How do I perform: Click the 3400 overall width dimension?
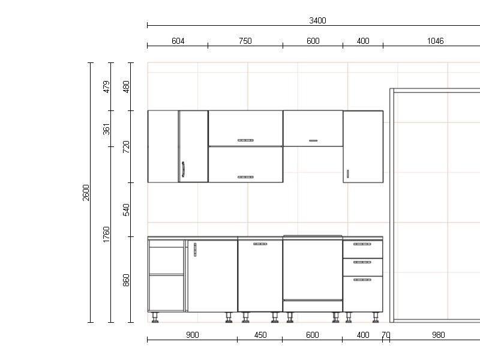[x=317, y=20]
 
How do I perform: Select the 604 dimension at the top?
[x=178, y=41]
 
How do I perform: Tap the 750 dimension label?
[x=245, y=41]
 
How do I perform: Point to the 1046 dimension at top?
[x=435, y=41]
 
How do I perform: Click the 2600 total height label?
[x=86, y=193]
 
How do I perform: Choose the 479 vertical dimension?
[x=106, y=86]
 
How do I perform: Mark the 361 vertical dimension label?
[x=106, y=129]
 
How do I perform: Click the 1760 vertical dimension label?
[x=106, y=235]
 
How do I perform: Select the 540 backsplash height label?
[x=126, y=209]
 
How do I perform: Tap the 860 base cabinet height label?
[x=126, y=280]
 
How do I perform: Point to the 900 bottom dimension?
[x=192, y=335]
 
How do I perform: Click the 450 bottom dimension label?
[x=260, y=335]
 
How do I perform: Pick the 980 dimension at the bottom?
[x=438, y=335]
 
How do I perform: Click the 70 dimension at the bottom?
[x=386, y=335]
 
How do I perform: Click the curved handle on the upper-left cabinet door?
[x=183, y=169]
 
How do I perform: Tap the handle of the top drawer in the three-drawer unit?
[x=362, y=244]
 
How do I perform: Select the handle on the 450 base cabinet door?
[x=260, y=244]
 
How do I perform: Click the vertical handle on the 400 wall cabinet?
[x=348, y=173]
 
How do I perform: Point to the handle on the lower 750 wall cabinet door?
[x=245, y=177]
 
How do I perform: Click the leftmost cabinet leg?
[x=155, y=317]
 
